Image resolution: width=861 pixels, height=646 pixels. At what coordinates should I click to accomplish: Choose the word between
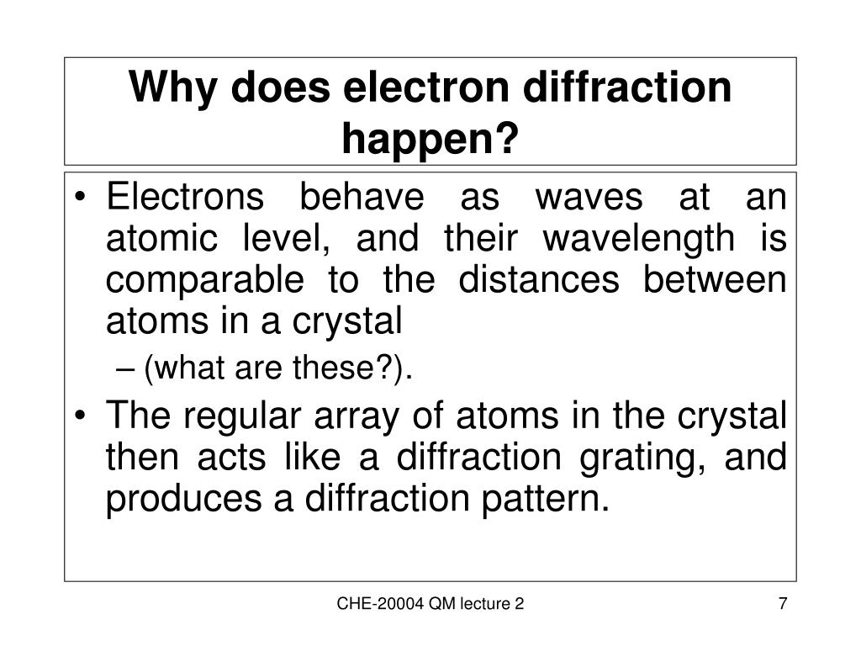(x=716, y=279)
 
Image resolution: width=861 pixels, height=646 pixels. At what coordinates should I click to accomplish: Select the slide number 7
(x=783, y=604)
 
